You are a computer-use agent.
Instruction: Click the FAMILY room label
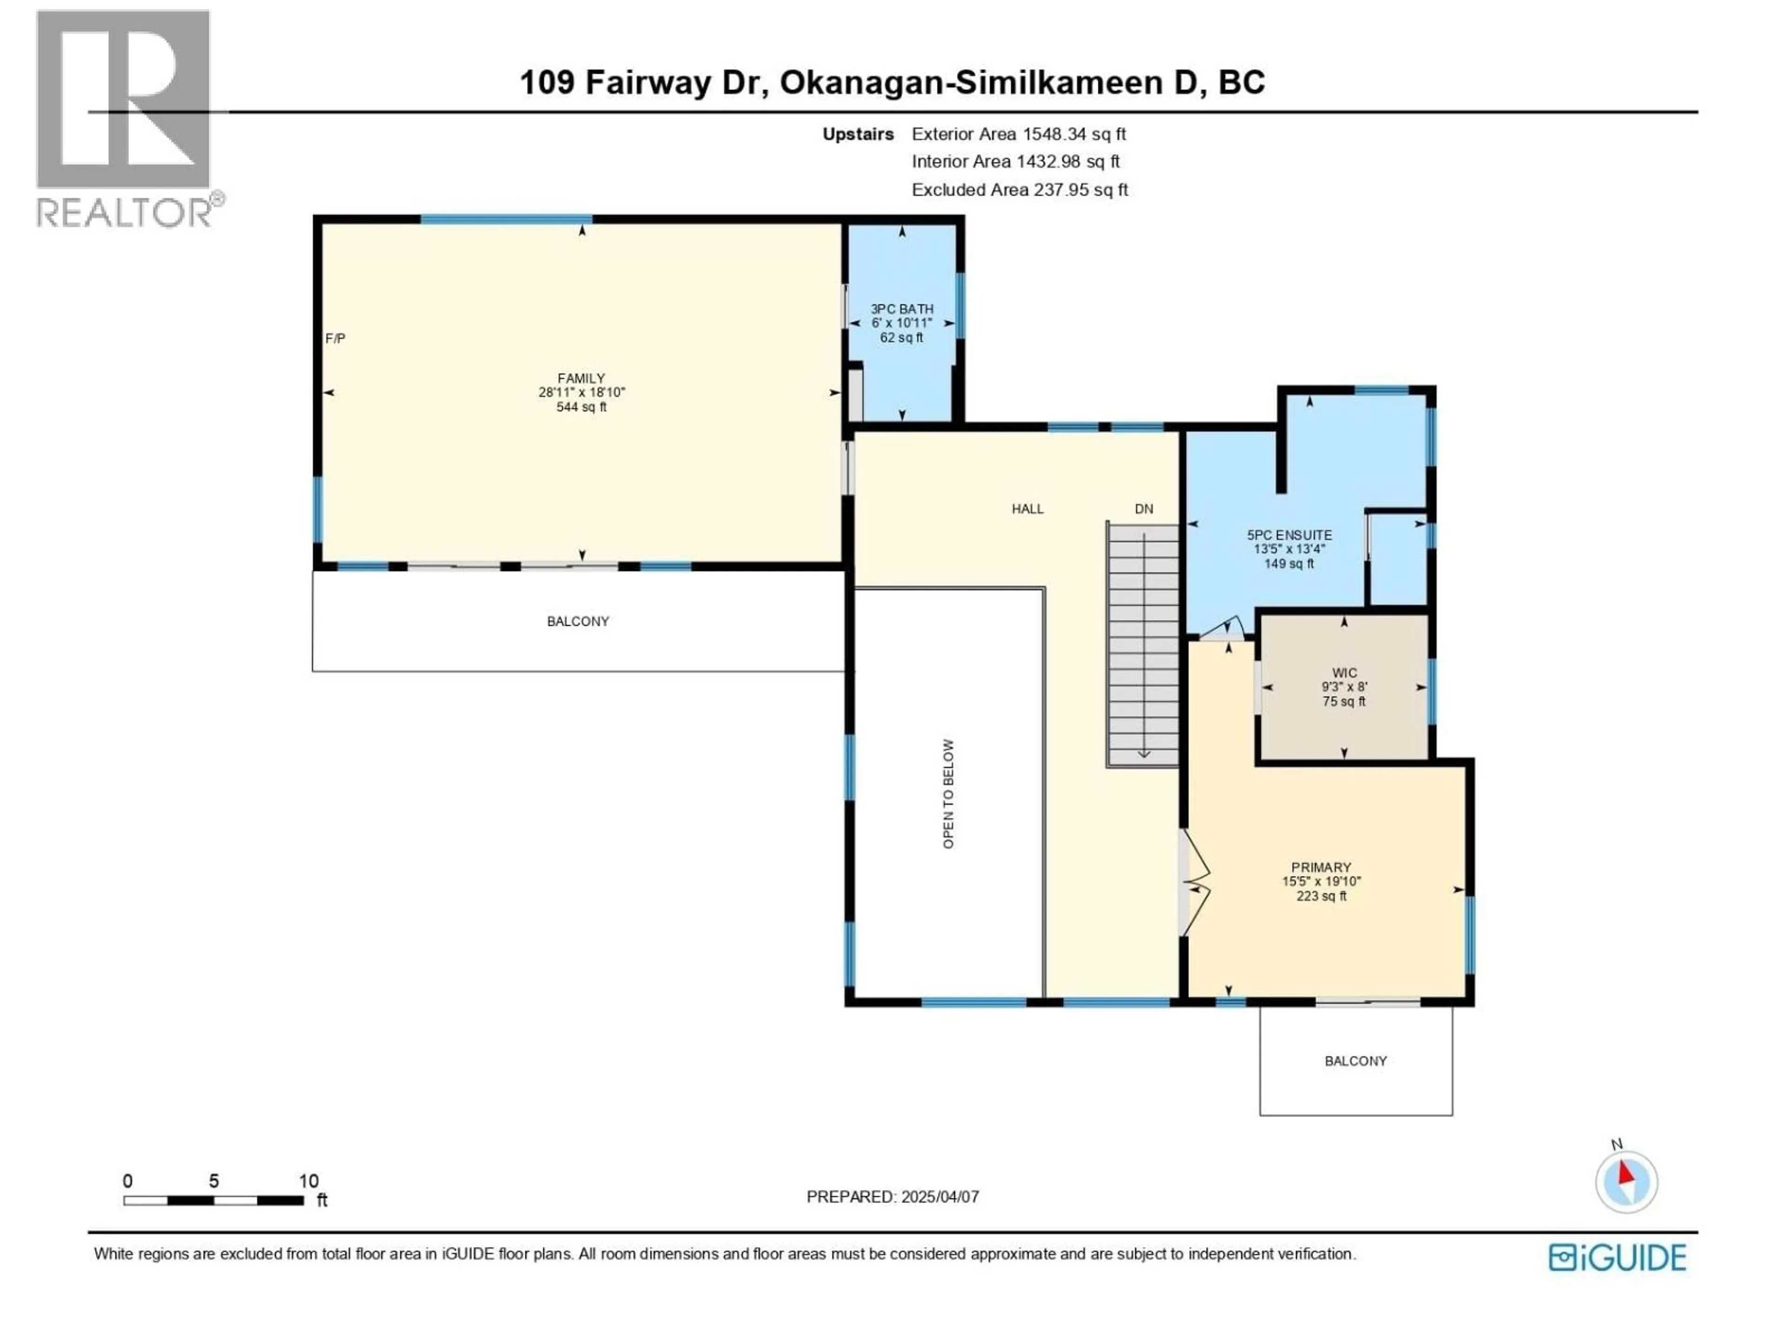(x=581, y=378)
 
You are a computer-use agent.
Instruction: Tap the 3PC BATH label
(x=901, y=309)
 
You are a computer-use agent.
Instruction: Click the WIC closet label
(x=1344, y=672)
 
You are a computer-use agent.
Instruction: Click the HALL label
(x=1028, y=508)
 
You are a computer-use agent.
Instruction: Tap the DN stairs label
(x=1143, y=508)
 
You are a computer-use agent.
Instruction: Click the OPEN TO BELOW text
(x=948, y=794)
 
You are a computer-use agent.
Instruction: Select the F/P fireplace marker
(x=335, y=339)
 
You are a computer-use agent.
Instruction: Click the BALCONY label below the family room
(x=578, y=621)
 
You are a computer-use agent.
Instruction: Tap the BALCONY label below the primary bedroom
(x=1356, y=1061)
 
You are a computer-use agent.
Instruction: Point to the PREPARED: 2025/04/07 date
(x=892, y=1196)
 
